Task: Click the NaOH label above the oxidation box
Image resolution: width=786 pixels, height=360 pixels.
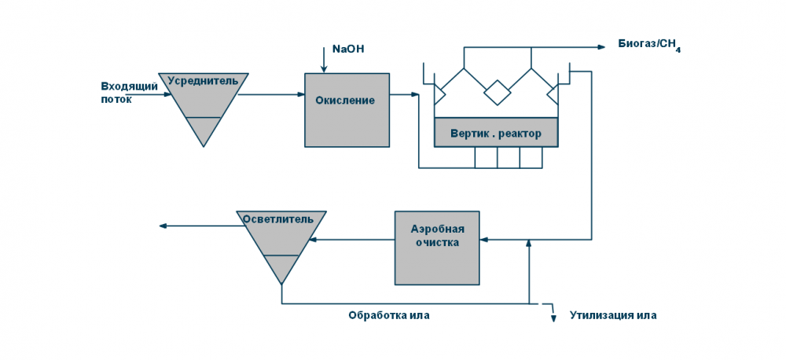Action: pos(348,49)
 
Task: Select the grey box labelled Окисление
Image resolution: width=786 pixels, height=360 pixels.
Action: pos(347,109)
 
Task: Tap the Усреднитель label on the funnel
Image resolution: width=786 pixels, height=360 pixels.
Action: pos(203,81)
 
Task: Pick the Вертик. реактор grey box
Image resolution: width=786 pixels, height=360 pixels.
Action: pos(496,133)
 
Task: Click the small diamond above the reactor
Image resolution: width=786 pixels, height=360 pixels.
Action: pos(497,92)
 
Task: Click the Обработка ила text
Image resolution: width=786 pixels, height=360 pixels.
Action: pos(389,316)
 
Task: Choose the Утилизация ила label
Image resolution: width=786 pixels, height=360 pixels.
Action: pos(613,316)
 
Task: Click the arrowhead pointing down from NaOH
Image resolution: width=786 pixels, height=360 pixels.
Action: pos(323,68)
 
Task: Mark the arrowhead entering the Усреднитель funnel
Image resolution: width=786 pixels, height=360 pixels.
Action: pos(166,94)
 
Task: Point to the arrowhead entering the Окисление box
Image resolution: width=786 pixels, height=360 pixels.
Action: pos(300,94)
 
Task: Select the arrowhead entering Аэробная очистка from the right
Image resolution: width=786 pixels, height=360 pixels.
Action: pos(484,239)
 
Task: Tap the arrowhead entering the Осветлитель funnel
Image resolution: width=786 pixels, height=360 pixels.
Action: pos(312,240)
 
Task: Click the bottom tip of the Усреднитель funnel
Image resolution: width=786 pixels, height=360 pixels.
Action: pos(203,146)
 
